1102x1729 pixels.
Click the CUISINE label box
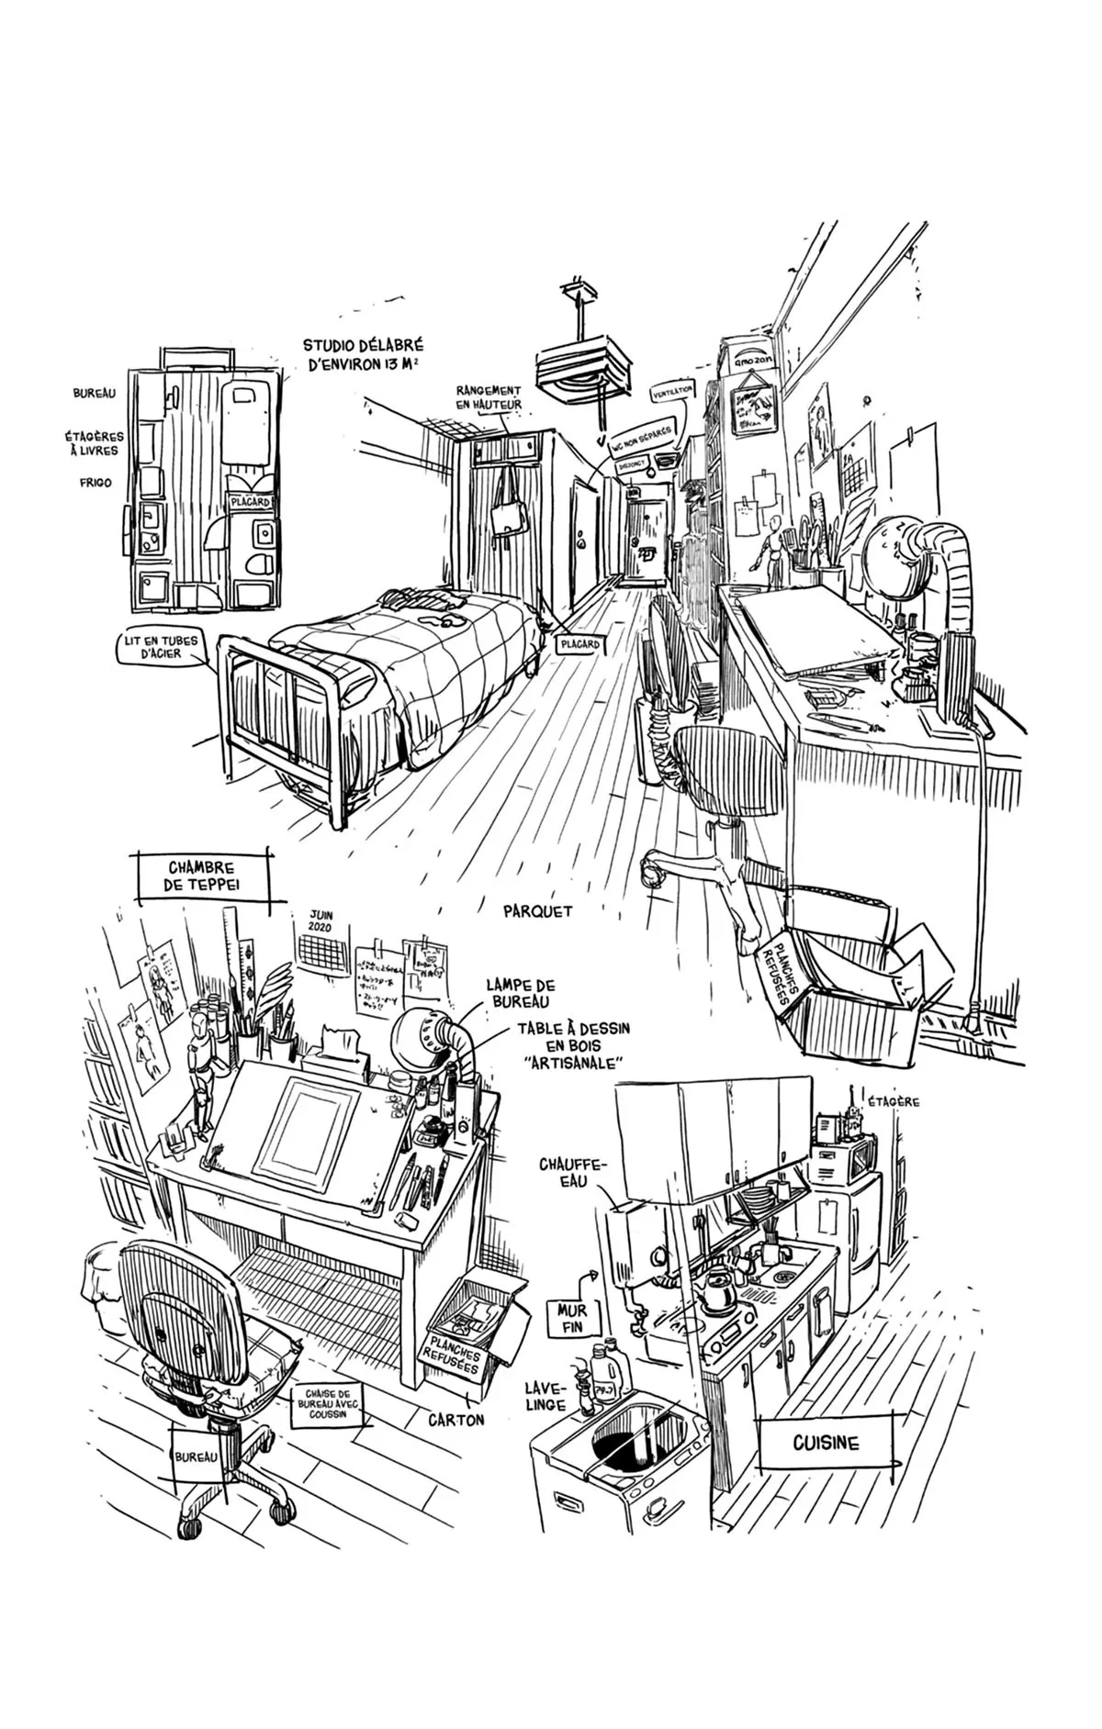(826, 1443)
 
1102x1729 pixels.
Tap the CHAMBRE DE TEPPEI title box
(201, 876)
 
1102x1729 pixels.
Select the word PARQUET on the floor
(538, 911)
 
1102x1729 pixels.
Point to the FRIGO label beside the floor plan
(94, 482)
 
